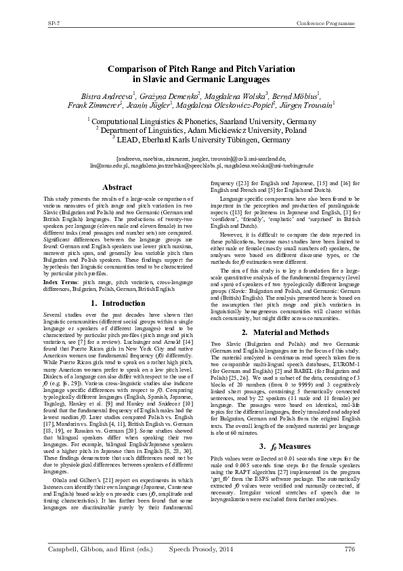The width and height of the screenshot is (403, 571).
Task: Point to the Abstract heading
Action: [116, 186]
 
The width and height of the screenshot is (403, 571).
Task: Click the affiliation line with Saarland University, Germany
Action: [203, 119]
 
